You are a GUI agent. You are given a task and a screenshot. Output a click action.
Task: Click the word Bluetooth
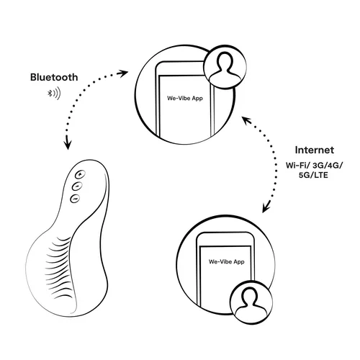54,77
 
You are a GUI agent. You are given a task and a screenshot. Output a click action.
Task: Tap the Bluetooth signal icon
54,94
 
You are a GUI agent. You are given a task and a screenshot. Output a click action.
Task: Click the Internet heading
315,150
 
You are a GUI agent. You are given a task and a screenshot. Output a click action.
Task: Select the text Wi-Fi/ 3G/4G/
315,166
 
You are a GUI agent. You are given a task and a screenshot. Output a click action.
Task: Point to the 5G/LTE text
313,175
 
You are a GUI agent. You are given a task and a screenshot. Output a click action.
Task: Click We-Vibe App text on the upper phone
185,98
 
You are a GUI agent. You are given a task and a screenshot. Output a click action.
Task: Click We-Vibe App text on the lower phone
227,261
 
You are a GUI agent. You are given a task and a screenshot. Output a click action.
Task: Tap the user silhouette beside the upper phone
225,67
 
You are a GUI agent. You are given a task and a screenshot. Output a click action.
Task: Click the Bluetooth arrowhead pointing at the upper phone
123,73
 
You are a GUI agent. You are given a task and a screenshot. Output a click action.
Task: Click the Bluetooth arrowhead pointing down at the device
68,143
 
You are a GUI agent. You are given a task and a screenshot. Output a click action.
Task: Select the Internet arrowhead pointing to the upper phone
246,120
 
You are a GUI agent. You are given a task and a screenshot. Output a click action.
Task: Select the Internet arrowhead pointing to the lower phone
266,207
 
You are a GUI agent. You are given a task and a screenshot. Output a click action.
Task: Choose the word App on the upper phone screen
197,99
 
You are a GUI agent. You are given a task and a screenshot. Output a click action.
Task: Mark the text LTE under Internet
321,175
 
